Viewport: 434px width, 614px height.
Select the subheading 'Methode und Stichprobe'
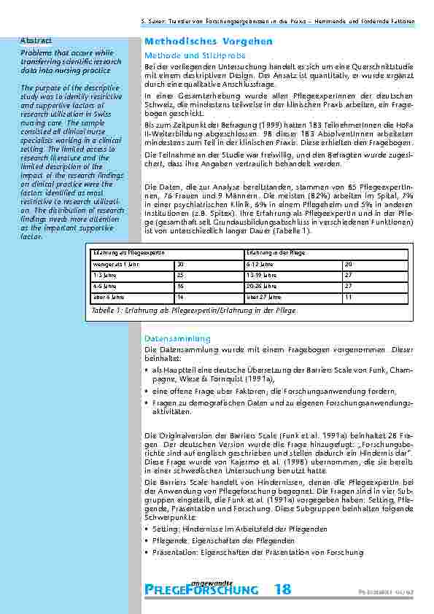pos(191,55)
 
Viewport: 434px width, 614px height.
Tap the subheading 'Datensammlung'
pos(177,339)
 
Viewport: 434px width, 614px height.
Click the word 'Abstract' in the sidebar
pos(36,39)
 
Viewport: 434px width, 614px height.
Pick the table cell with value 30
pos(180,264)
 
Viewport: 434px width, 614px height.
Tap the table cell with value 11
pos(348,298)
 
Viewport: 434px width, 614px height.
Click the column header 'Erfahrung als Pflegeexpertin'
pos(124,252)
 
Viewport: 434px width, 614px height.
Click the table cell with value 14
pos(180,298)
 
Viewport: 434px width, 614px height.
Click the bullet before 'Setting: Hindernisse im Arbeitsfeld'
pos(147,529)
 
